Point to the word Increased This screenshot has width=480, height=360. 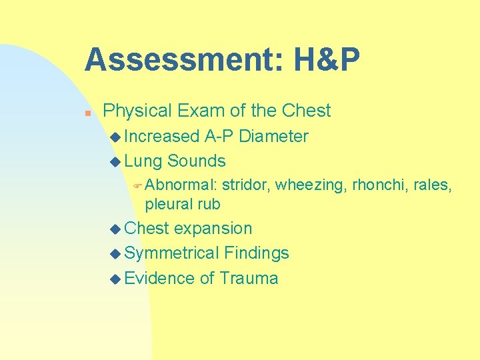tap(162, 137)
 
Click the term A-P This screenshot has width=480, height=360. tap(219, 137)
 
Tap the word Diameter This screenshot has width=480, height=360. tap(273, 137)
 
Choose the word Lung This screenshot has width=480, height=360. tap(143, 161)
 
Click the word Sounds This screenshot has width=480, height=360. tap(196, 161)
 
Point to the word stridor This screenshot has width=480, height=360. tap(246, 185)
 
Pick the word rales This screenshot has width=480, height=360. tap(433, 185)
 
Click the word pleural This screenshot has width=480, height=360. tap(168, 203)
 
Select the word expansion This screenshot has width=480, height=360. tap(213, 228)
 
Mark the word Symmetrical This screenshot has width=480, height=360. tap(172, 253)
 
